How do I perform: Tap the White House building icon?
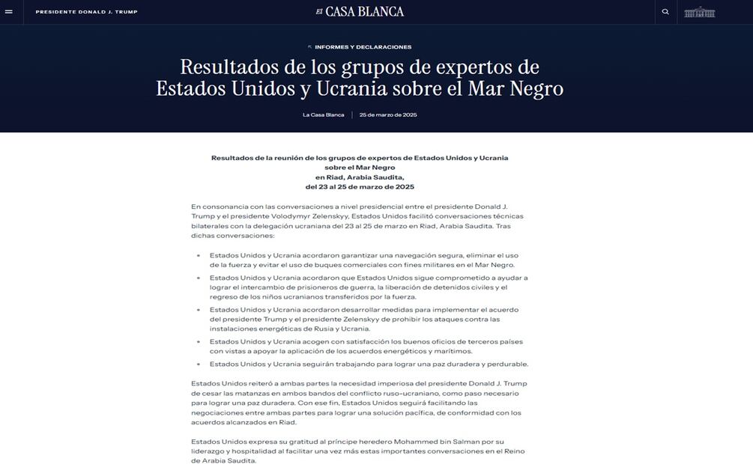click(700, 12)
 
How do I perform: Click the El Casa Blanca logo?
click(360, 11)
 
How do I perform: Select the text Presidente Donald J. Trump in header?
click(87, 12)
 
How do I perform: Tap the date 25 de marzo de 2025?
click(388, 115)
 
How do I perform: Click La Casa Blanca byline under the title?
click(324, 115)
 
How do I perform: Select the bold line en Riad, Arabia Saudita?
click(360, 177)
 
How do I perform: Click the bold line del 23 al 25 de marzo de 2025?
click(360, 186)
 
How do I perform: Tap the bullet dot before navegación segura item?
click(199, 255)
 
